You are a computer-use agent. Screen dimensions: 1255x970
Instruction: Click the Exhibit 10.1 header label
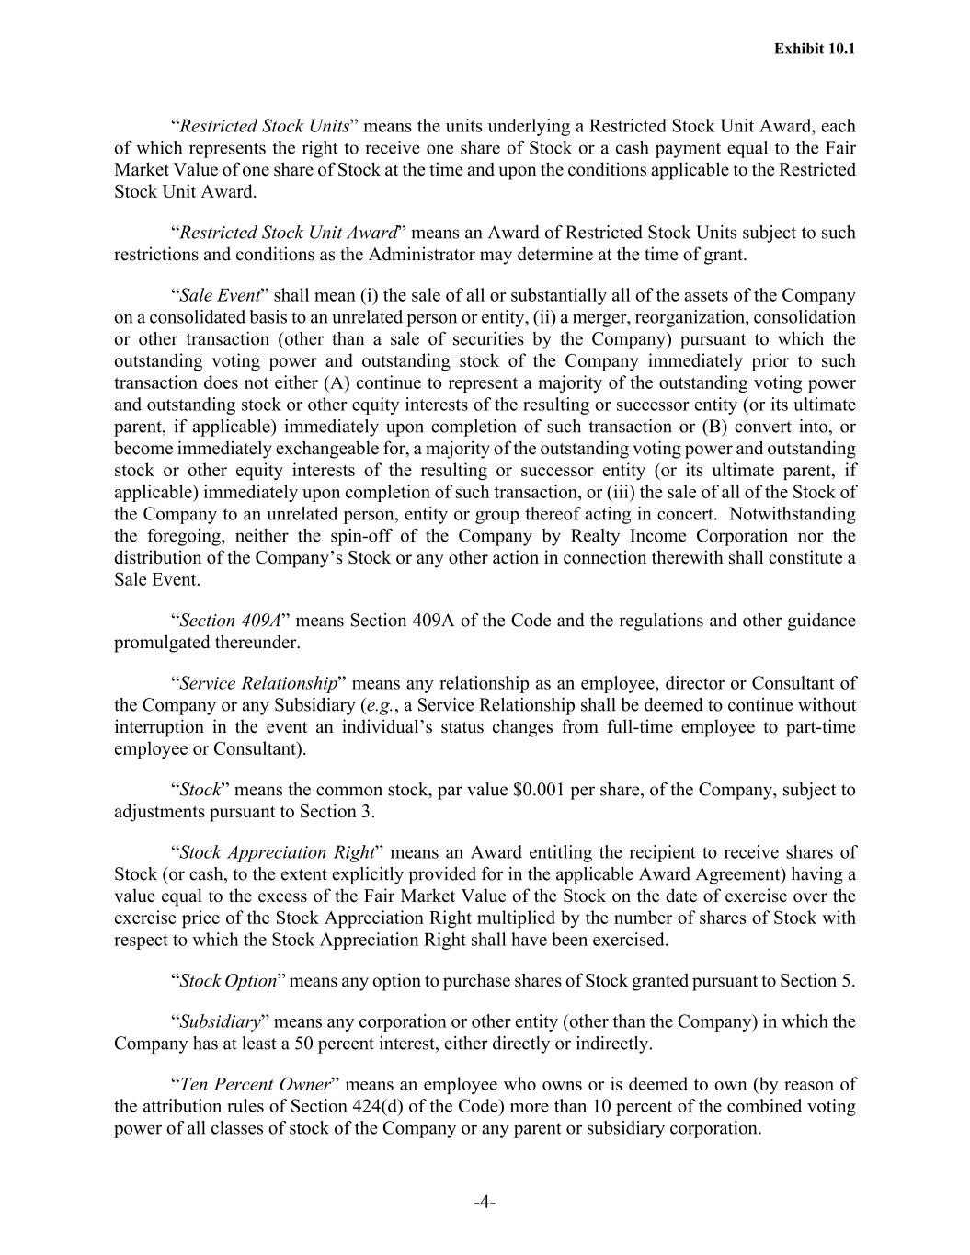pos(815,49)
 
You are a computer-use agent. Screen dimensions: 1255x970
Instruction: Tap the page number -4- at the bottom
pos(485,1203)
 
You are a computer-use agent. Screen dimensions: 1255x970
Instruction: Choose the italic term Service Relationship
pos(258,684)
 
